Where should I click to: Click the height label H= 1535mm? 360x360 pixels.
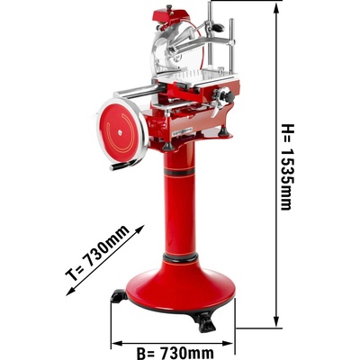pos(286,166)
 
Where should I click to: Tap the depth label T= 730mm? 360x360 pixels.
pos(97,252)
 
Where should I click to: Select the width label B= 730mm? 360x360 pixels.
pos(175,353)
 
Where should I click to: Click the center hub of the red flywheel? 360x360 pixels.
pos(120,130)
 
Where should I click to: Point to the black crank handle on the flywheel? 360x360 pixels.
pos(122,165)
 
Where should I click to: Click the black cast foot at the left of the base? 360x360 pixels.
pos(119,296)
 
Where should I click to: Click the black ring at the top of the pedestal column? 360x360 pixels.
pos(179,172)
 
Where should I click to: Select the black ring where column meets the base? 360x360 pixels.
pos(180,257)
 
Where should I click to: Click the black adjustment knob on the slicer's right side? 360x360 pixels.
pos(229,96)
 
